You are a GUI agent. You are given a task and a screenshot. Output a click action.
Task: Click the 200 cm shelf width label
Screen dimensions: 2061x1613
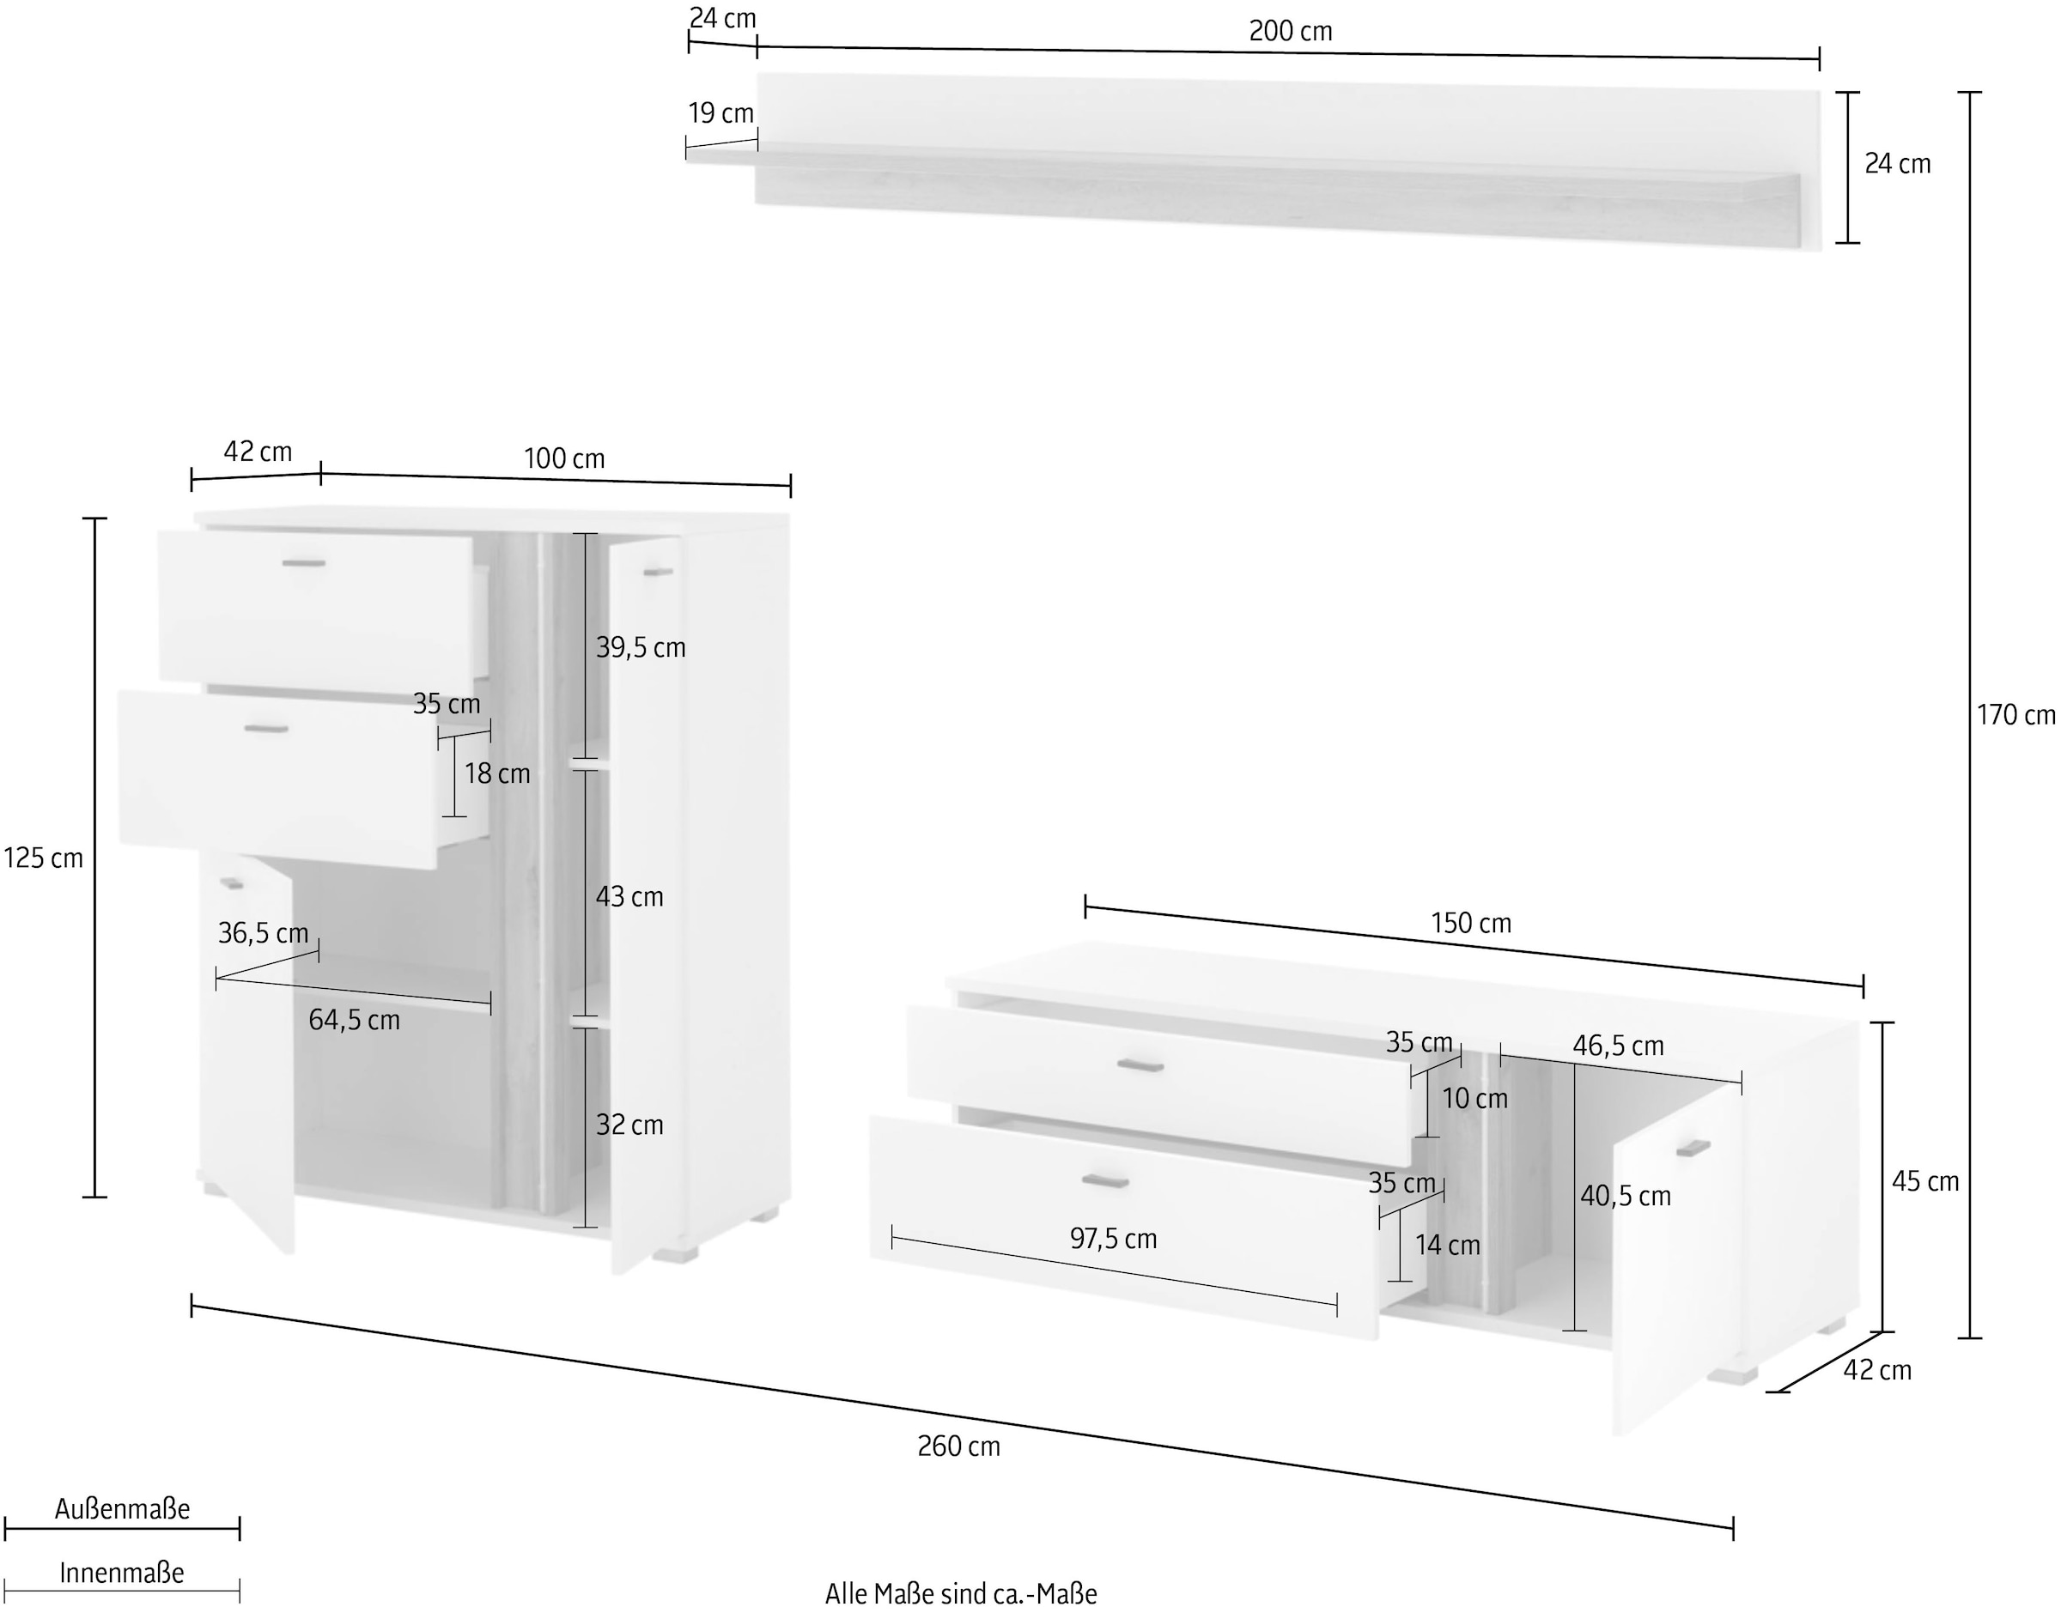[x=1290, y=31]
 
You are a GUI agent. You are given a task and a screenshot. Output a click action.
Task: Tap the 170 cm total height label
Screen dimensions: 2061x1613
[x=2015, y=716]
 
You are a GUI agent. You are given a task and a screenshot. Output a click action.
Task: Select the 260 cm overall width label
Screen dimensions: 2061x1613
[x=958, y=1446]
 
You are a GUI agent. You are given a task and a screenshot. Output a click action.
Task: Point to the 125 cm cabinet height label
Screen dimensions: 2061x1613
[x=44, y=858]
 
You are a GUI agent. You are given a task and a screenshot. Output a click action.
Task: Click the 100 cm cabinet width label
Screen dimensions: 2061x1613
[x=564, y=459]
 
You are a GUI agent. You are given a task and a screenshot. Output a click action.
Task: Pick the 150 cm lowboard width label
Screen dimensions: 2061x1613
[x=1471, y=924]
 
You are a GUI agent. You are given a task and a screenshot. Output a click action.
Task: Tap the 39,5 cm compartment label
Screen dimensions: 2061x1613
[x=641, y=648]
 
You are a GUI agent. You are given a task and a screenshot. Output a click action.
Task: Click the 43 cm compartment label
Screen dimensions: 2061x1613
[x=629, y=897]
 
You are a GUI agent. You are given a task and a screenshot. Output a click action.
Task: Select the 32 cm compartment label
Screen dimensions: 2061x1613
[x=629, y=1125]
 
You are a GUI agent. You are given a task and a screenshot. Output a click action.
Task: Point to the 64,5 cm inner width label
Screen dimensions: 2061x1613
[x=354, y=1021]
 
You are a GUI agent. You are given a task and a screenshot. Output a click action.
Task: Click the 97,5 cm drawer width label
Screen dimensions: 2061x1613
[x=1113, y=1239]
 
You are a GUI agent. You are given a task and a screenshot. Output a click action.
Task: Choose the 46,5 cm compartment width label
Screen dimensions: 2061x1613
[x=1618, y=1046]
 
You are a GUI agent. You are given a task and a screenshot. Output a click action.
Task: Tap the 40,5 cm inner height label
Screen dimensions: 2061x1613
[x=1626, y=1197]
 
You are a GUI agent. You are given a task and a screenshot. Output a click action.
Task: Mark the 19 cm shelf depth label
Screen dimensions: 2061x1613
[x=720, y=114]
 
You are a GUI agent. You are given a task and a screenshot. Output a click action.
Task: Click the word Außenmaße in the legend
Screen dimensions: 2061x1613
[x=122, y=1509]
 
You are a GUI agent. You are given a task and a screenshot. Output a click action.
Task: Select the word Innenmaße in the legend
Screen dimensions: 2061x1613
[x=122, y=1574]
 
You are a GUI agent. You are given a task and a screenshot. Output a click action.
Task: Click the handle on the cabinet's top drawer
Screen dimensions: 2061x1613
[x=304, y=564]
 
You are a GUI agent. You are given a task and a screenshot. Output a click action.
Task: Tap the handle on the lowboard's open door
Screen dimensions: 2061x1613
[x=1693, y=1149]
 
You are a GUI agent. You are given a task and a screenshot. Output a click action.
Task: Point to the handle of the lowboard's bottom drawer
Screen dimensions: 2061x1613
[x=1105, y=1180]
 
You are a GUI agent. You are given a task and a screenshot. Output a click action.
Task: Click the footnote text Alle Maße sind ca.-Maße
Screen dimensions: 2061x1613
[x=962, y=1595]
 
